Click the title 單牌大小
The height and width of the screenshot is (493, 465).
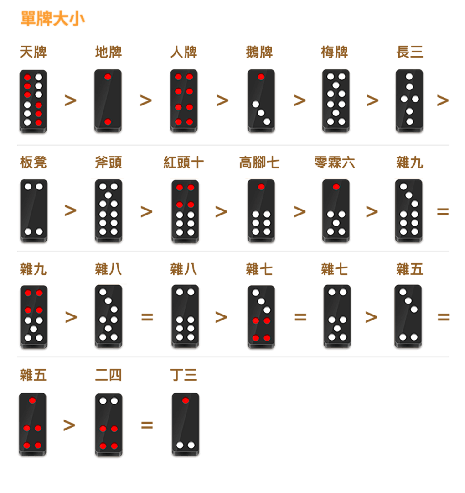[x=52, y=19]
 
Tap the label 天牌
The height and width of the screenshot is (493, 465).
[x=33, y=52]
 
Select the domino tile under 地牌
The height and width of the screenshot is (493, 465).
[x=108, y=100]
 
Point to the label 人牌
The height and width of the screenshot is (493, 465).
[x=184, y=52]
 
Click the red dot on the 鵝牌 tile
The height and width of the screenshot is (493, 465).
[x=261, y=77]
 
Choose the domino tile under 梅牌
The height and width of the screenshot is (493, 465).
[x=336, y=100]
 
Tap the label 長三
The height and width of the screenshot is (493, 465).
[x=410, y=52]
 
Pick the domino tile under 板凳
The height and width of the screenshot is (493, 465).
[x=34, y=210]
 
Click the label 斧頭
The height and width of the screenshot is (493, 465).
[x=108, y=163]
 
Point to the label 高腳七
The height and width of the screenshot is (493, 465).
[x=259, y=163]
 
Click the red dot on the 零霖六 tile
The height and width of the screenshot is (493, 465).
[x=336, y=187]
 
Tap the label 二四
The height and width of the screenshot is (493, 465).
[x=108, y=375]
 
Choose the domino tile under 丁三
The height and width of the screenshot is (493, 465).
[x=186, y=424]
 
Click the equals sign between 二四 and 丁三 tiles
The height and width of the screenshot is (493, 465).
[x=147, y=425]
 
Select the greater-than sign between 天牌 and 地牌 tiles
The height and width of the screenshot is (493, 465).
[x=71, y=100]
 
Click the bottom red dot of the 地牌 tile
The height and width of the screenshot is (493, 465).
[x=108, y=122]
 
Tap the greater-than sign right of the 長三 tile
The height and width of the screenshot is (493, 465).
[x=443, y=100]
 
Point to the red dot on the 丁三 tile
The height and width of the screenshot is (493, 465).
[x=186, y=400]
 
